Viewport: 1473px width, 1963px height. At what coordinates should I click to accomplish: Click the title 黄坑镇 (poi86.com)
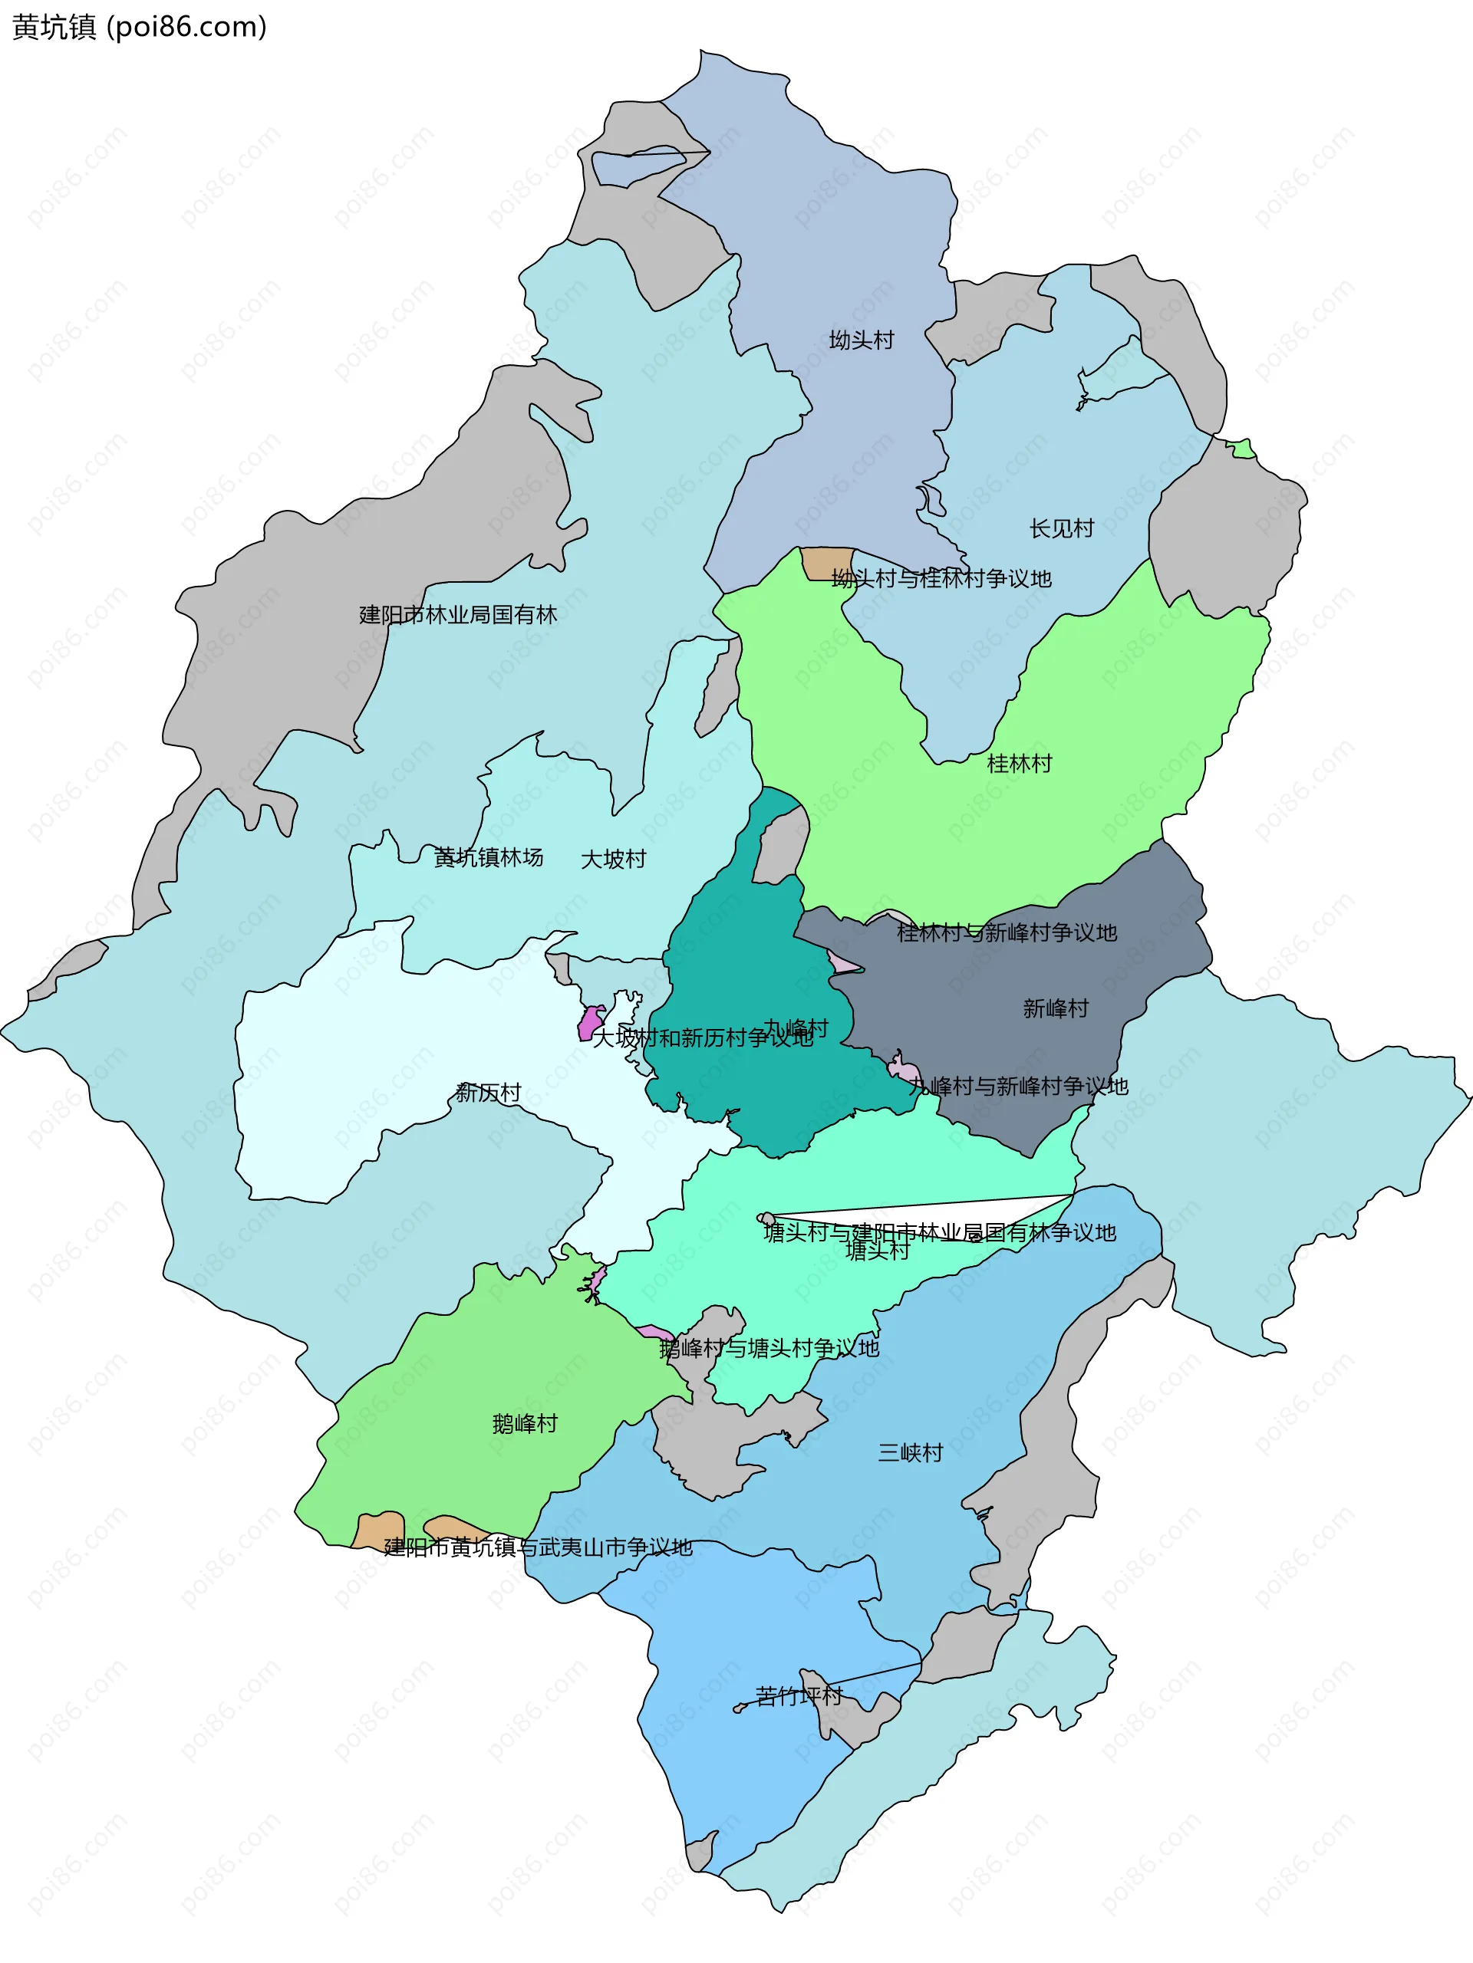click(x=140, y=28)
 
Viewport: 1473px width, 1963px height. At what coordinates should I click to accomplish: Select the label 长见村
click(x=1061, y=529)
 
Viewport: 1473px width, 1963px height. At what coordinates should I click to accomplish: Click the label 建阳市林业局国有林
click(x=457, y=615)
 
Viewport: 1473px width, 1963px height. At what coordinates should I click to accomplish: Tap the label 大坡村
click(x=613, y=859)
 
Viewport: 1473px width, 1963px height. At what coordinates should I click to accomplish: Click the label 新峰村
click(x=1055, y=1008)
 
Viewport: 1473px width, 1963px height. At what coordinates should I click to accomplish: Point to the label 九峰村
click(x=796, y=1028)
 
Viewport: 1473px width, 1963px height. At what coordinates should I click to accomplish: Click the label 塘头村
click(x=877, y=1251)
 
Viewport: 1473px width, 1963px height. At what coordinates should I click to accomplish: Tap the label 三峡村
click(x=910, y=1453)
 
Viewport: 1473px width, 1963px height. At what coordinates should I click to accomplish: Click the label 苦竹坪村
click(x=798, y=1696)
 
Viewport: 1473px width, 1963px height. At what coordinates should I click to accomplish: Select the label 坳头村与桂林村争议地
click(x=941, y=579)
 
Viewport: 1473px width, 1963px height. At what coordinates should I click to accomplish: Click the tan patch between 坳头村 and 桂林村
click(x=825, y=564)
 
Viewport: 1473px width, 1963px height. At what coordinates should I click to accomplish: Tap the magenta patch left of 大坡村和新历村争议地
click(x=589, y=1022)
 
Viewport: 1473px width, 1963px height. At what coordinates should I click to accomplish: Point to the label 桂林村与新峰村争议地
click(x=1006, y=932)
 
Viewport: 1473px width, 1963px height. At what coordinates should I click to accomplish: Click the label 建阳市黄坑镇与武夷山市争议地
click(x=537, y=1547)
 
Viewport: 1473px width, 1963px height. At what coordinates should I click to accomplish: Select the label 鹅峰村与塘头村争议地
click(x=769, y=1348)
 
